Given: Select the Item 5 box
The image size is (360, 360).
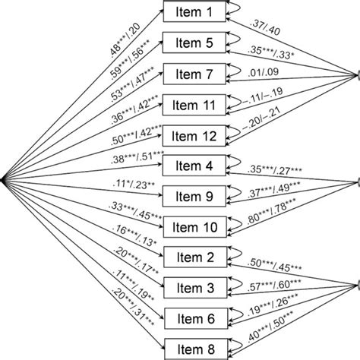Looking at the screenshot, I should point(194,43).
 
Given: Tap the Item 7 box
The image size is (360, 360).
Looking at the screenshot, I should point(194,74).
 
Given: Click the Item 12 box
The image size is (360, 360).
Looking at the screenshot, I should point(194,135).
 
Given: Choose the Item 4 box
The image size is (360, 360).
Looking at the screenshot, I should point(194,164).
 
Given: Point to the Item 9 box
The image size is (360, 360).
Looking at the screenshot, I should point(194,195).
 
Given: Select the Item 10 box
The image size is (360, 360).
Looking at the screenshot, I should point(194,226).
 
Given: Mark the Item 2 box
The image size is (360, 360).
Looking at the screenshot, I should point(194,257).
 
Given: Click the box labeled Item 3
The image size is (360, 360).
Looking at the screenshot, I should point(194,287).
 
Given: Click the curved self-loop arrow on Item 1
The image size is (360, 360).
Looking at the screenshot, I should point(232,10).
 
